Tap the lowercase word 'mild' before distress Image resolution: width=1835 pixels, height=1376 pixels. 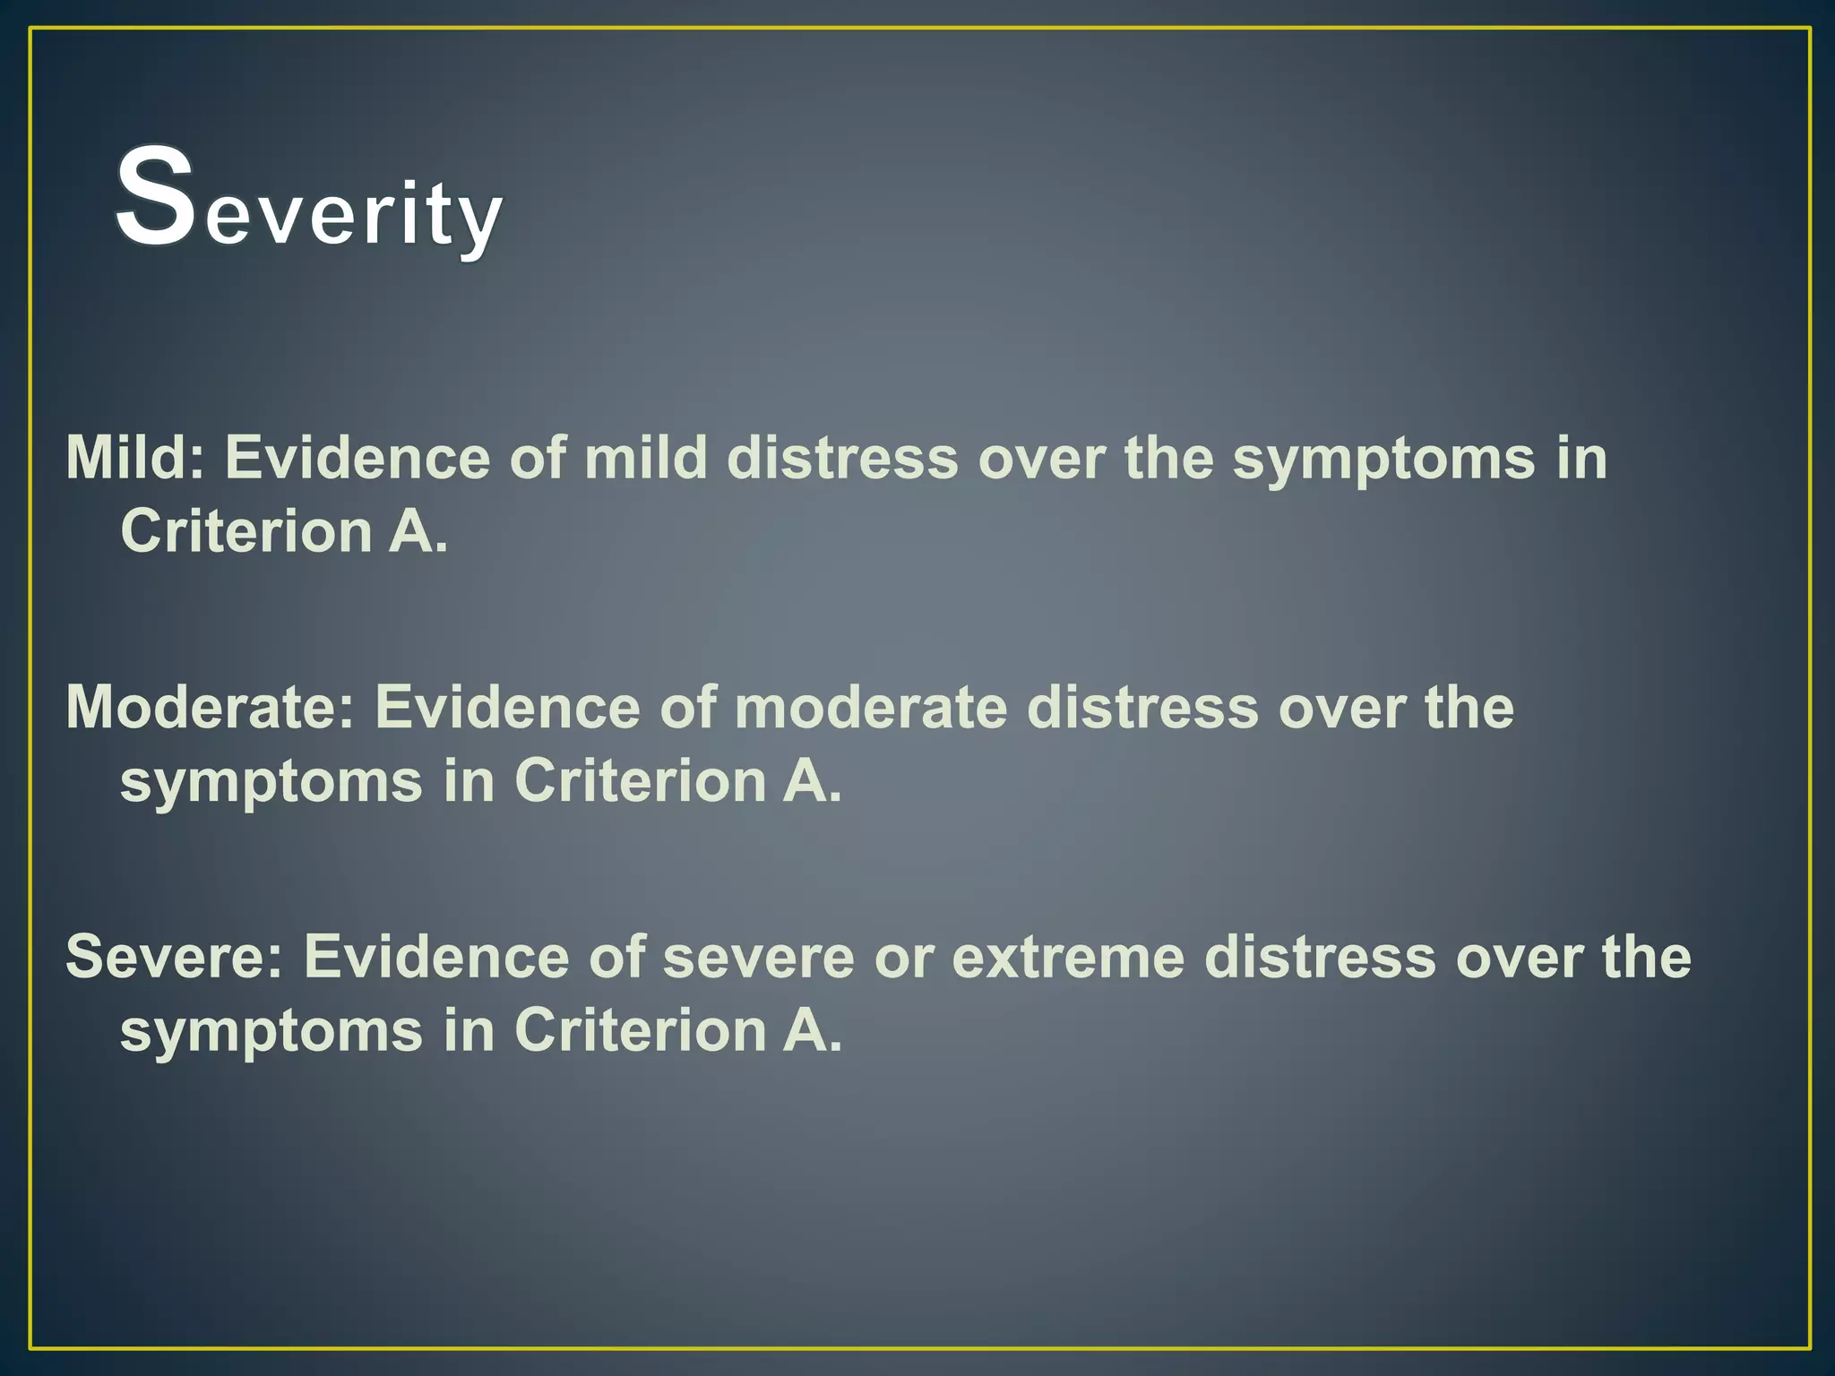(646, 458)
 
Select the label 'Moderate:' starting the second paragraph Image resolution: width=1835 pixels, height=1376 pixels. (210, 708)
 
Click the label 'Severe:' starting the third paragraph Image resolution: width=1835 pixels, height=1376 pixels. (174, 957)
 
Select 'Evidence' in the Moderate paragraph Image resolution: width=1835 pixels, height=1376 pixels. (507, 708)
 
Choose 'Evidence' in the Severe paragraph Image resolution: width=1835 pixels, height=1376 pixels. (435, 957)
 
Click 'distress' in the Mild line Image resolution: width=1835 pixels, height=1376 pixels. (842, 458)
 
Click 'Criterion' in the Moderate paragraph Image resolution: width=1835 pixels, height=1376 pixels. (640, 780)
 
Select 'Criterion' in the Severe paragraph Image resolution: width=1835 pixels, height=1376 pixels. (640, 1030)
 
